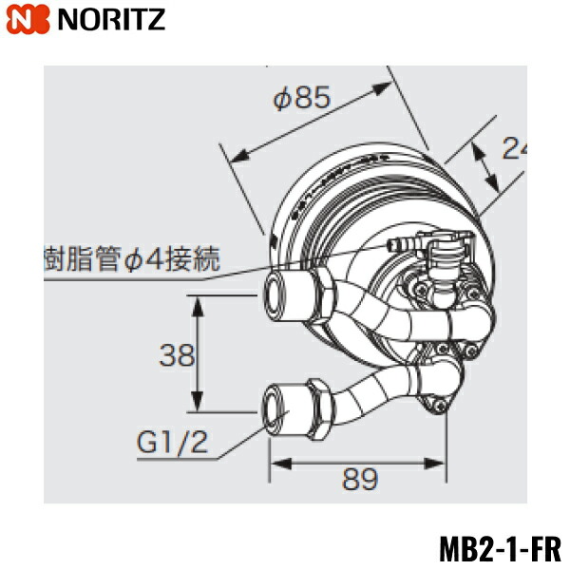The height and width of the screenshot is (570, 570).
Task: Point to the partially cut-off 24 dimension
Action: (x=513, y=149)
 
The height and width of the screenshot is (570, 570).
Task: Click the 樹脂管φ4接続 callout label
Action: (x=132, y=259)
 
